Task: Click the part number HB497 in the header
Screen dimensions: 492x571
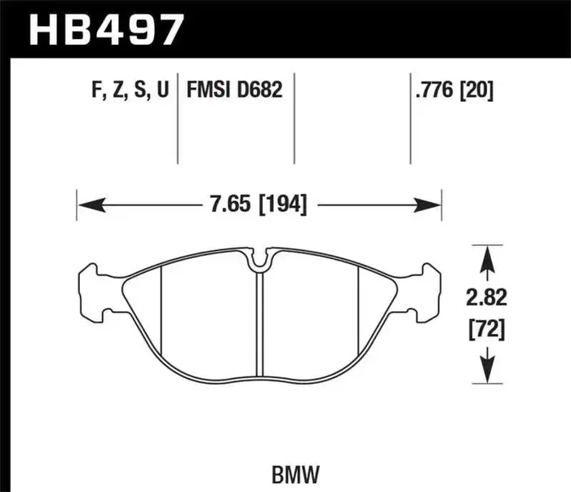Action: coord(106,29)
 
